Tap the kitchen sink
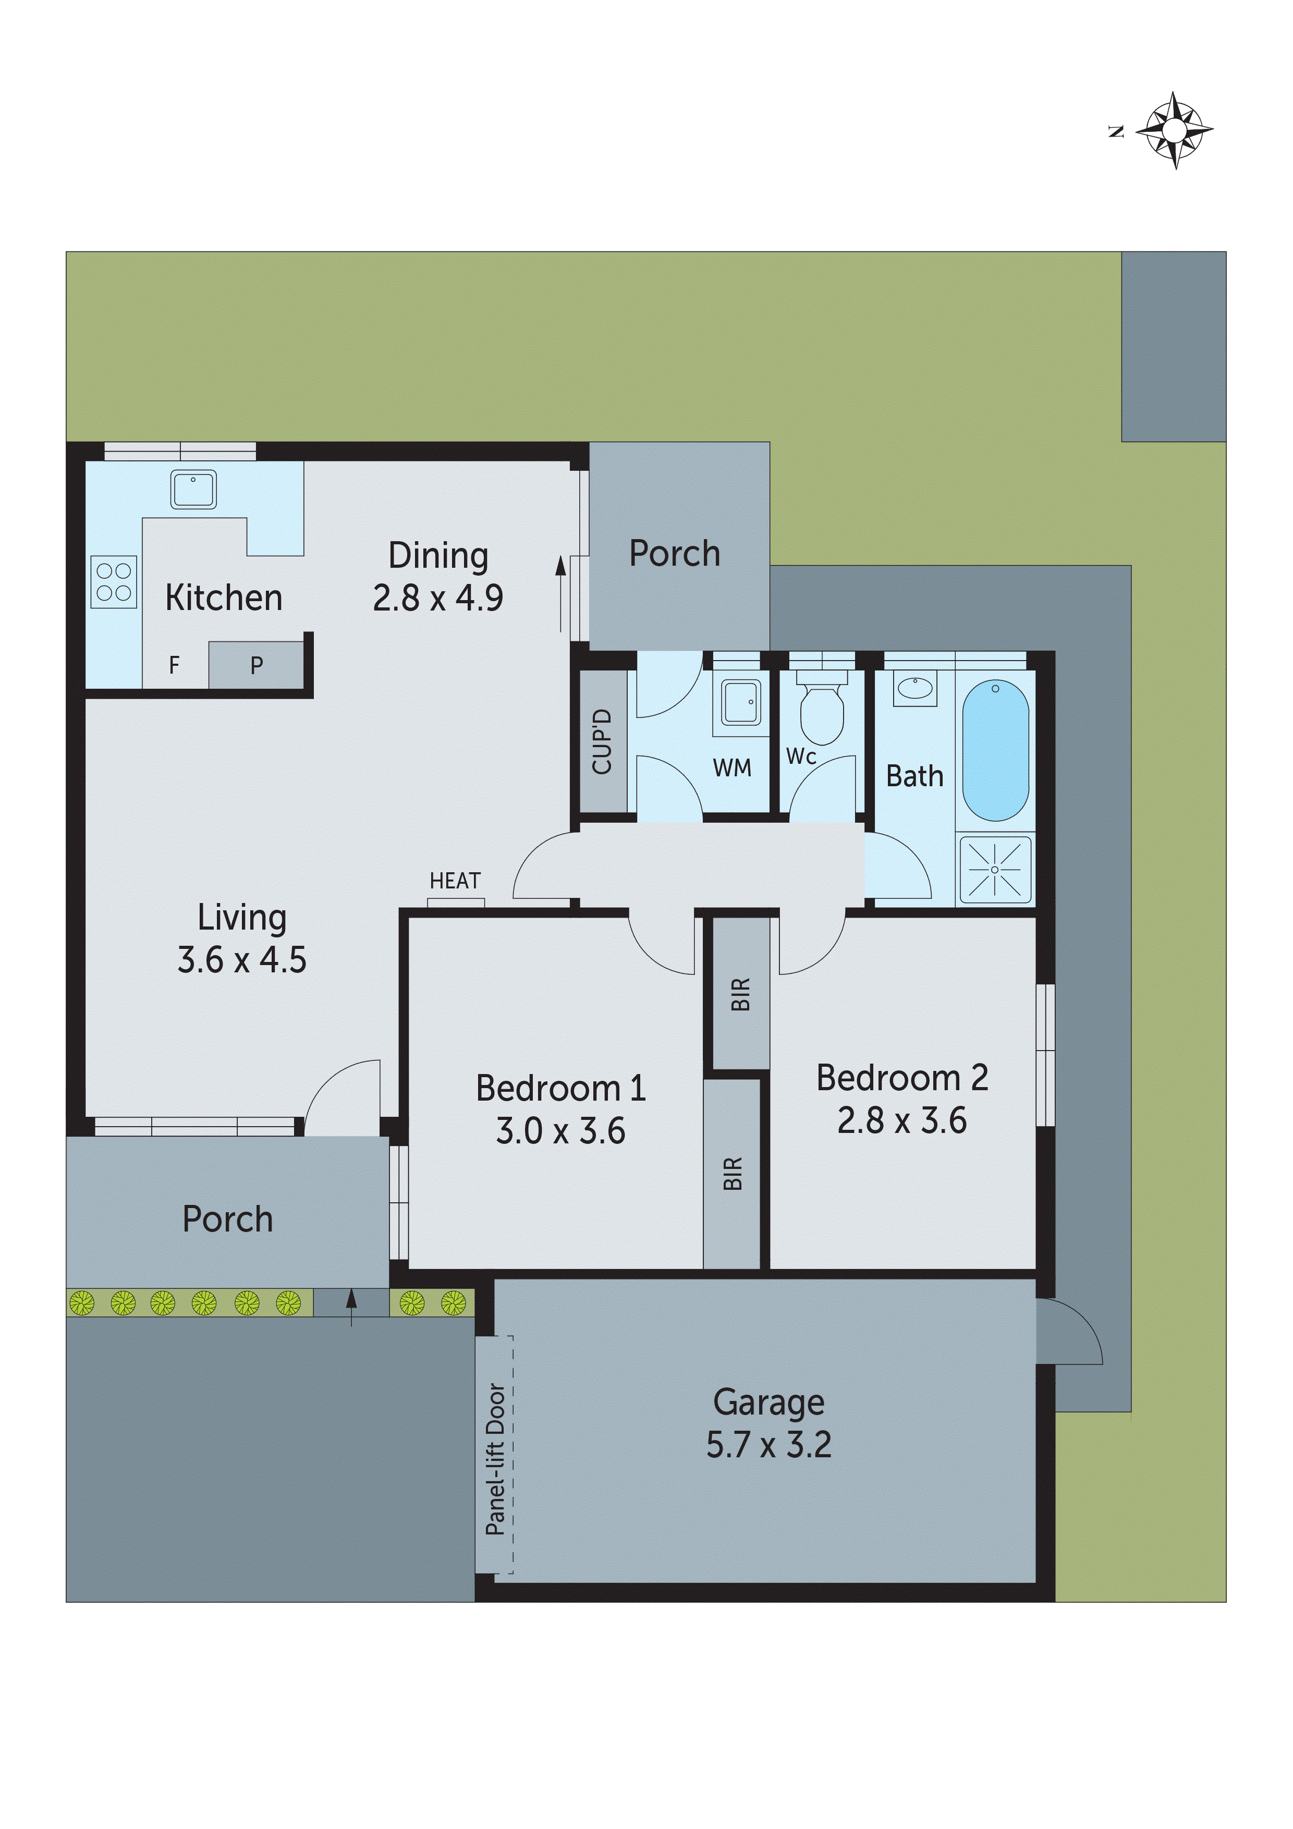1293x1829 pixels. [x=193, y=490]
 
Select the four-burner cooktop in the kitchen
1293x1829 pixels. [x=113, y=581]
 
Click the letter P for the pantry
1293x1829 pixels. [x=257, y=665]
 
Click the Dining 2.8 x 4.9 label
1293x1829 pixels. [x=437, y=577]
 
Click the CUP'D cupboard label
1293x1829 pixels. [x=602, y=741]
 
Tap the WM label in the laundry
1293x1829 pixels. [x=731, y=768]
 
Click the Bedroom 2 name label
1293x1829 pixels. [x=902, y=1078]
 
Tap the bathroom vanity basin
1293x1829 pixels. [x=914, y=689]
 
